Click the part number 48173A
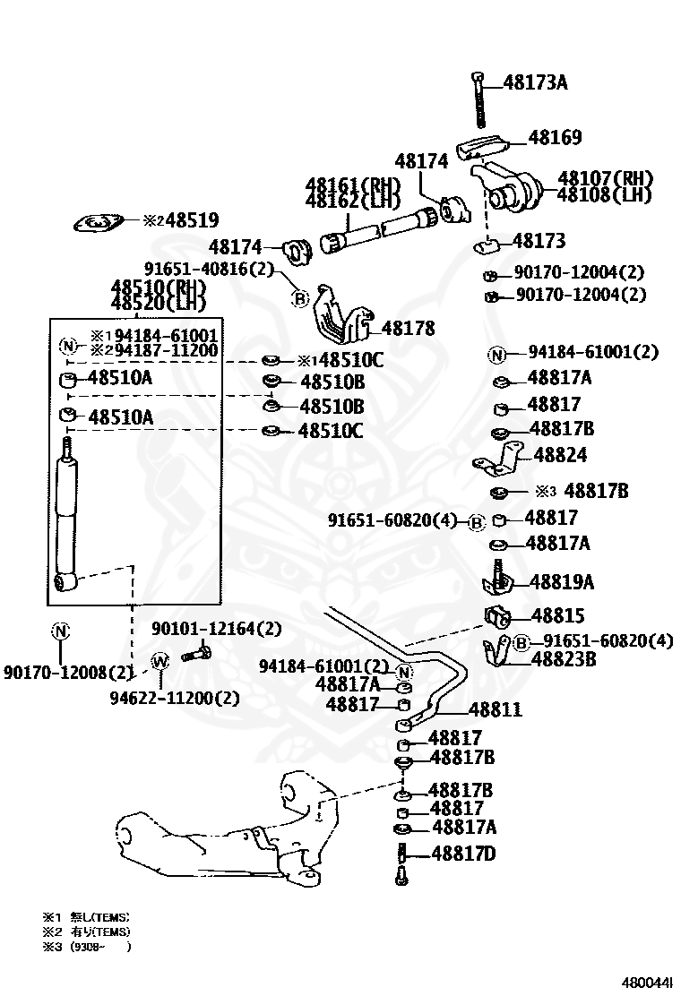click(535, 83)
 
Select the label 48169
click(555, 138)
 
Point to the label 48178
click(408, 329)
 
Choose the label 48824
click(560, 455)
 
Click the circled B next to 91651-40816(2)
click(301, 298)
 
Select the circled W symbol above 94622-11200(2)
click(160, 661)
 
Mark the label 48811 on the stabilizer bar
click(496, 710)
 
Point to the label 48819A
click(561, 581)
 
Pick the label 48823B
click(564, 659)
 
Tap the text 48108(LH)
click(605, 193)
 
